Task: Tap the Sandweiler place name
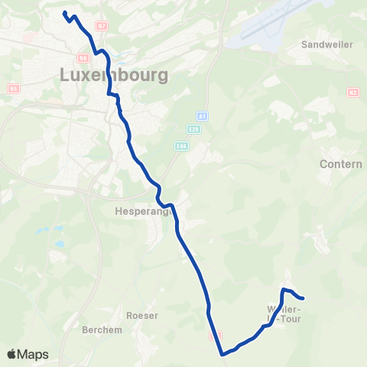tap(327, 44)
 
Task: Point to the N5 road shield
tap(12, 89)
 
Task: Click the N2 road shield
tap(352, 93)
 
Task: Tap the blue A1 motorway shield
tap(202, 115)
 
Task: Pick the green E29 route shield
tap(194, 129)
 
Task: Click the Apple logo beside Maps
tap(12, 354)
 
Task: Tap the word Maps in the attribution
tap(34, 355)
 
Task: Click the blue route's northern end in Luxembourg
tap(64, 13)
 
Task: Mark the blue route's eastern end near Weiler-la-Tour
tap(304, 298)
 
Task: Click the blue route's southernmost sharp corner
tap(222, 354)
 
